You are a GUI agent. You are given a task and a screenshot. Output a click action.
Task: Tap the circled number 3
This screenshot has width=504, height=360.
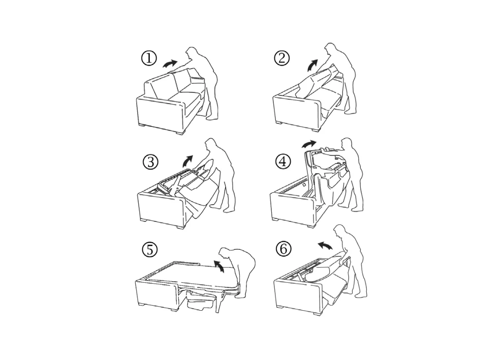(x=150, y=162)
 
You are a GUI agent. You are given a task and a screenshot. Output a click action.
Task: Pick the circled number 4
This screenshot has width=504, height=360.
(x=283, y=162)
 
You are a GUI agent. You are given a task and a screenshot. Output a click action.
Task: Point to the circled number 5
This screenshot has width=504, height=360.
(x=149, y=249)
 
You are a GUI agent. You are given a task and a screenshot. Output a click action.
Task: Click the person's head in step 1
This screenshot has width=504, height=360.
(x=194, y=53)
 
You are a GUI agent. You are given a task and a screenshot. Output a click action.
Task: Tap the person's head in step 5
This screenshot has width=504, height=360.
(x=225, y=253)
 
